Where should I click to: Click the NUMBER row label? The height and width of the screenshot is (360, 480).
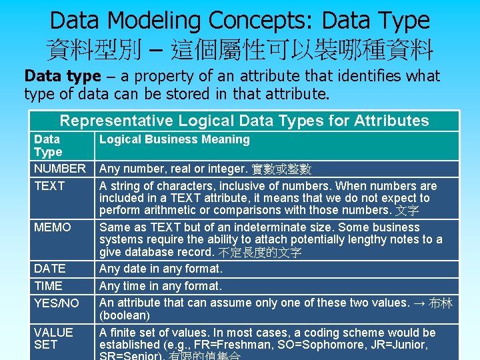[60, 169]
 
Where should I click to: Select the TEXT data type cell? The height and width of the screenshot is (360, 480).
[49, 186]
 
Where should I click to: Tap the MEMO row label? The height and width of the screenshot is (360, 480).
[52, 227]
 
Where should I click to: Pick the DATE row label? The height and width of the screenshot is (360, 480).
[49, 269]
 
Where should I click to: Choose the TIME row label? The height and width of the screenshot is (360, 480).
[48, 286]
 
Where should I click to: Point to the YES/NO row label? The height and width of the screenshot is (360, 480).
[56, 303]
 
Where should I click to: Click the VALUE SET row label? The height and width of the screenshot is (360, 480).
[53, 338]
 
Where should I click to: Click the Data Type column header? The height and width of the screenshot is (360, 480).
[47, 145]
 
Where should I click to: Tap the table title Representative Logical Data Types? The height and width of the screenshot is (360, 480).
[244, 121]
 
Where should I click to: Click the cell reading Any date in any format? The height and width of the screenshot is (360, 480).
[161, 269]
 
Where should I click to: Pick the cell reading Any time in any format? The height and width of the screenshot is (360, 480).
[160, 286]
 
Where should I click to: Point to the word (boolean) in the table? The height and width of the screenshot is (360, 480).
[125, 315]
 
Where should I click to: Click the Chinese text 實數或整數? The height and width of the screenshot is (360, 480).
[281, 169]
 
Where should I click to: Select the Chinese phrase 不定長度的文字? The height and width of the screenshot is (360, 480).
[260, 253]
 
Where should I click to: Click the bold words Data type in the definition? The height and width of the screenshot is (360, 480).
[62, 76]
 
